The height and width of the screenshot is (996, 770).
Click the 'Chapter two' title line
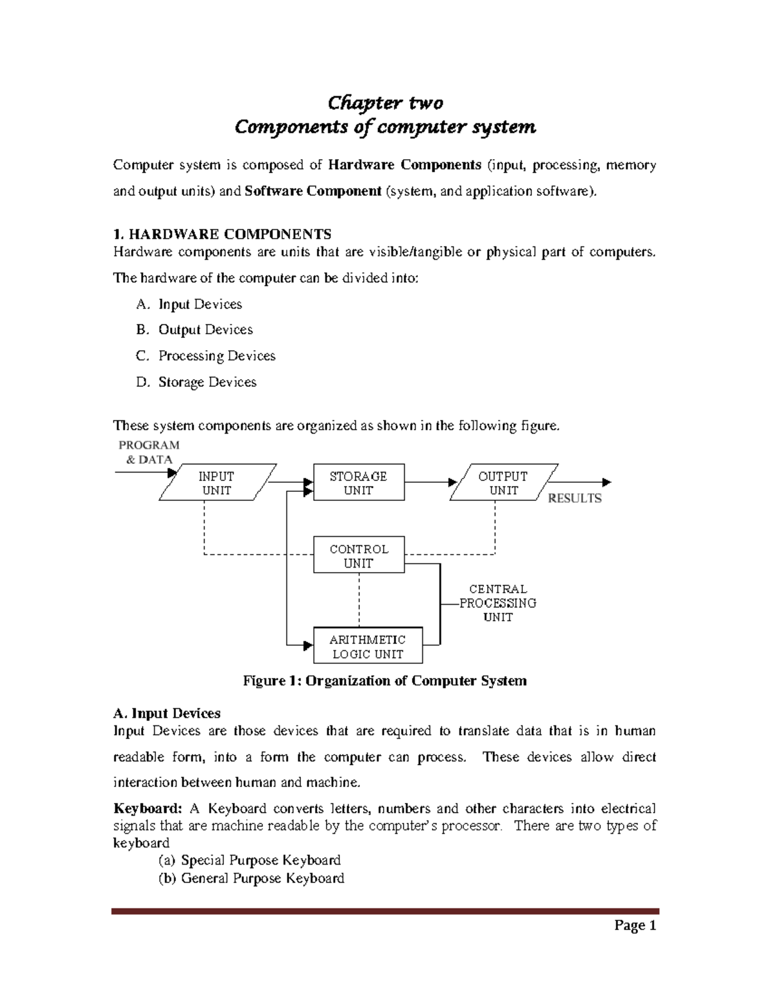click(385, 103)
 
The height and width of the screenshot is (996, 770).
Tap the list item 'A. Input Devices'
click(189, 304)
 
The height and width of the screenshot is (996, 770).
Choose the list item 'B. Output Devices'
click(194, 330)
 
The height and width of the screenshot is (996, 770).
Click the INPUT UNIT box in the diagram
click(217, 483)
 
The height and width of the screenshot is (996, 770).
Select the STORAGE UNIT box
click(358, 483)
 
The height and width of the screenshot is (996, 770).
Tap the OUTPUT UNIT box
click(503, 483)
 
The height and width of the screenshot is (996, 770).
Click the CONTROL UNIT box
click(358, 556)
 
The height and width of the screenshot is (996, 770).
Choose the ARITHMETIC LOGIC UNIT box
click(367, 646)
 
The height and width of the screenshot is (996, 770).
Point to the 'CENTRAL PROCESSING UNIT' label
click(498, 603)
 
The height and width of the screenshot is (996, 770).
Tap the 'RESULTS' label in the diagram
click(574, 498)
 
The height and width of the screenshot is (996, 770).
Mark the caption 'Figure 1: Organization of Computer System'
click(384, 680)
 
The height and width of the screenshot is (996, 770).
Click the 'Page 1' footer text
click(635, 925)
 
